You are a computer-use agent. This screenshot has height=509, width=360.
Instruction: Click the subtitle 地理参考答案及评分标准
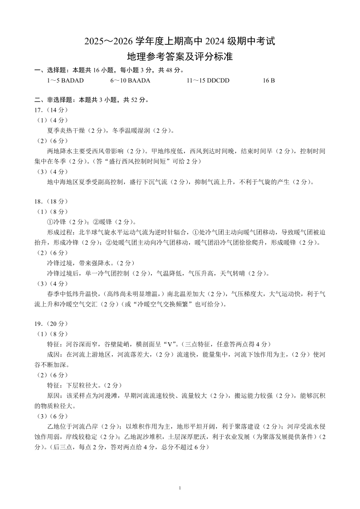pyautogui.click(x=180, y=57)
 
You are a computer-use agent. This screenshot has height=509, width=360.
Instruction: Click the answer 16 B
pyautogui.click(x=269, y=80)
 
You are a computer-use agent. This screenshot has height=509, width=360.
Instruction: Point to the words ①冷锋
pyautogui.click(x=57, y=222)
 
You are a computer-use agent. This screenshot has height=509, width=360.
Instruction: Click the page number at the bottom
pyautogui.click(x=180, y=488)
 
